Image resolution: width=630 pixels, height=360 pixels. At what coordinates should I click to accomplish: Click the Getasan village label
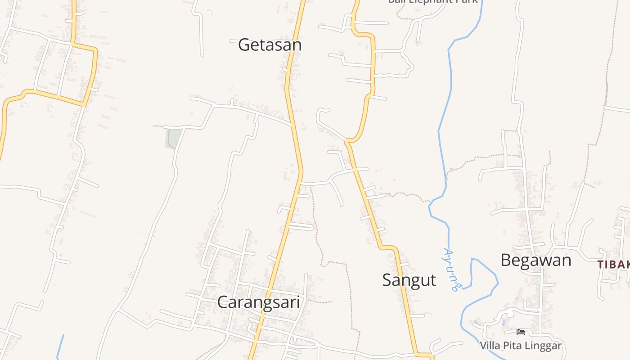270,45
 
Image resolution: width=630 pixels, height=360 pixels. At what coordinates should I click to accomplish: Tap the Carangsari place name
258,302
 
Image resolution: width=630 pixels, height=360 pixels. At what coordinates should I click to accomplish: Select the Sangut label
409,280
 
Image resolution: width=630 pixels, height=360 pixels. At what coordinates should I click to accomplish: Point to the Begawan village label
535,260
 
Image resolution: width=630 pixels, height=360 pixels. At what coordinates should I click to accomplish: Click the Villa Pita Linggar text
520,346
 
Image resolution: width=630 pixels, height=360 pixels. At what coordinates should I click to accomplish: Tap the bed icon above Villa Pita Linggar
521,333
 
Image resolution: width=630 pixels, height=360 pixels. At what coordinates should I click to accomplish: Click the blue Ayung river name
451,269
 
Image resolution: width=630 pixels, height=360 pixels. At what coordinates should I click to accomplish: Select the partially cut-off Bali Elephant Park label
432,2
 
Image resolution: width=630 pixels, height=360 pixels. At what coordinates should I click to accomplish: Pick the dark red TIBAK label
614,265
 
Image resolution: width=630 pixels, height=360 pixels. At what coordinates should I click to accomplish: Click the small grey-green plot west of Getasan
173,138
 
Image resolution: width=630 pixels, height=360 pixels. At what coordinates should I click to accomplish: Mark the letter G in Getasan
244,45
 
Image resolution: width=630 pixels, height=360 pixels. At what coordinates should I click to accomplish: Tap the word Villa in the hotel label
489,346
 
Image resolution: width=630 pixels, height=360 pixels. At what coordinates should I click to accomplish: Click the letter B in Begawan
506,260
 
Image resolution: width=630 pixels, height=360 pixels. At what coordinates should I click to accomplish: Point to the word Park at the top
467,2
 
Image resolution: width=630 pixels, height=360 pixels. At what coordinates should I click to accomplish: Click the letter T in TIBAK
601,265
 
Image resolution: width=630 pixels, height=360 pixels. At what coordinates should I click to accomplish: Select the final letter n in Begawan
567,260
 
